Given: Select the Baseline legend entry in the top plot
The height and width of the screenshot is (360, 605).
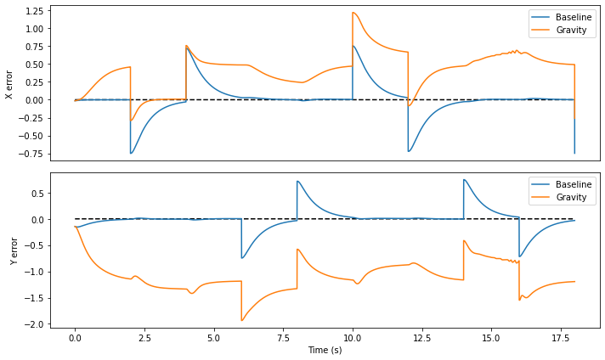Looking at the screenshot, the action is [562, 17].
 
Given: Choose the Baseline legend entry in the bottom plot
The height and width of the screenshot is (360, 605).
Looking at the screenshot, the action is [562, 184].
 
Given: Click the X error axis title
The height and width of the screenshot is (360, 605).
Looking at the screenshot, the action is [8, 85].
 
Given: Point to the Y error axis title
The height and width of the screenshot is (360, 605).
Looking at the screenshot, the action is [14, 251].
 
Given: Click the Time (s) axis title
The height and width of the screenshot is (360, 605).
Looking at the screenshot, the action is [325, 350].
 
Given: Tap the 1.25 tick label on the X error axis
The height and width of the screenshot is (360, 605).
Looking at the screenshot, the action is [35, 11].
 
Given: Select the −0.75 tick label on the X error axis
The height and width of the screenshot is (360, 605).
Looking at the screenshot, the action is [32, 155].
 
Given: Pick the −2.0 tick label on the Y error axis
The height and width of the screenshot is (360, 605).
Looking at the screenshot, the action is [34, 324].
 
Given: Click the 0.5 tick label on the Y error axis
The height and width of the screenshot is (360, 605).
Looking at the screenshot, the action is [37, 193].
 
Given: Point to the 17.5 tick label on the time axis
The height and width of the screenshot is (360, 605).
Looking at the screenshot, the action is [561, 338].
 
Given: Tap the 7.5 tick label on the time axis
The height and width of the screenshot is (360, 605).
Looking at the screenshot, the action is [283, 338].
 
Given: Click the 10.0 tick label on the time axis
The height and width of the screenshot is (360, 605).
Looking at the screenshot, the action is [353, 338].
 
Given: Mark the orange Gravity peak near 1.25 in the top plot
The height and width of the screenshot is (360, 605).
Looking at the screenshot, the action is [353, 13].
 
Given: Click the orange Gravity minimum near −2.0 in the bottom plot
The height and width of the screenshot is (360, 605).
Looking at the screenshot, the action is [242, 320].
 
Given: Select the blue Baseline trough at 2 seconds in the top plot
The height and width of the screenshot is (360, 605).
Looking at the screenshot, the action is [131, 154].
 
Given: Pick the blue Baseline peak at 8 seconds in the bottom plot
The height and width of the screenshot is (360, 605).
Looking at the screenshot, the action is [297, 181].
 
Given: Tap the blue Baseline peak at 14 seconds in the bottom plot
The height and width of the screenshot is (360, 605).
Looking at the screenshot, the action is [464, 180].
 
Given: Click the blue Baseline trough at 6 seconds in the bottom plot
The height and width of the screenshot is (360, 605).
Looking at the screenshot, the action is [242, 258].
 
